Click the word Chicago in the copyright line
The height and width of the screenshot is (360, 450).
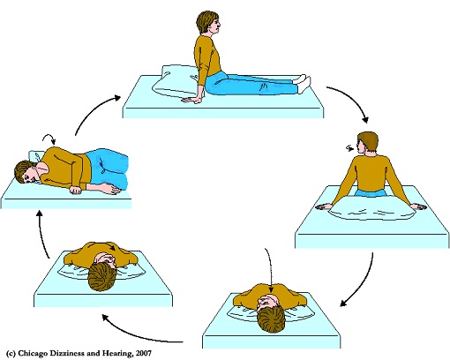33,353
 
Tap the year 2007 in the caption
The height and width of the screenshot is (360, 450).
144,353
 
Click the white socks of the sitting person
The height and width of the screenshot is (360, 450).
303,83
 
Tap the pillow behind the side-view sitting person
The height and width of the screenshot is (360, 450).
174,80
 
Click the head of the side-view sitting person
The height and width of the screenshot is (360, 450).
208,22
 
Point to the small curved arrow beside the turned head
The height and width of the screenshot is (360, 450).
349,148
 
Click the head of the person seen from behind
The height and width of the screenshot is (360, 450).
367,143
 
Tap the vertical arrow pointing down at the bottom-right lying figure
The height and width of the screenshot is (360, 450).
269,271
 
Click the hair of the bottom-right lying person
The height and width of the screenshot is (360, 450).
271,320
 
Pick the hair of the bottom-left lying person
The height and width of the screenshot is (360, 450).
101,277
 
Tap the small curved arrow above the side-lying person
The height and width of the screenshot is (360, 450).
49,138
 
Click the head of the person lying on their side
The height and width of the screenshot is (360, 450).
27,172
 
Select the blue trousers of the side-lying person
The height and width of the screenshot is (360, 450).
108,169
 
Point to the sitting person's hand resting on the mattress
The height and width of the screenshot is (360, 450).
191,100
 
